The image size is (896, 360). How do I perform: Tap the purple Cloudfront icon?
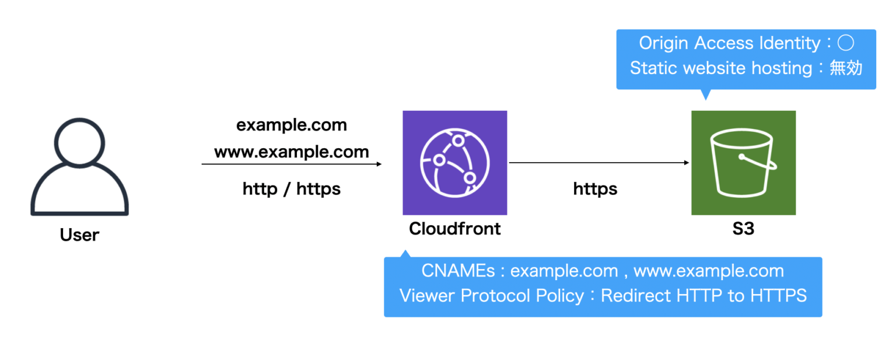(x=454, y=163)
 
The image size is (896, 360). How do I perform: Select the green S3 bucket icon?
(x=743, y=163)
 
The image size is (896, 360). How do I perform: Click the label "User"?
(x=79, y=235)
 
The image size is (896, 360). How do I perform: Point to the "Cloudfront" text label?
(x=454, y=229)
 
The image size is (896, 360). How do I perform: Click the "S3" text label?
(x=743, y=229)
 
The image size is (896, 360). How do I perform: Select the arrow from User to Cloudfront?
(x=291, y=165)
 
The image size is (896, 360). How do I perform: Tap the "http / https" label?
(x=291, y=189)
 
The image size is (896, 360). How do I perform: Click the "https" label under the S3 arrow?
(x=595, y=189)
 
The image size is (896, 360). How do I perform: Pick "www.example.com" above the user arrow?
(x=291, y=152)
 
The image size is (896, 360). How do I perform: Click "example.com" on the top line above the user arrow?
(x=291, y=125)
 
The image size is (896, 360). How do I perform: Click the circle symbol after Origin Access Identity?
(x=845, y=43)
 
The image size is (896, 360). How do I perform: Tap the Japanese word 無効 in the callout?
(x=845, y=68)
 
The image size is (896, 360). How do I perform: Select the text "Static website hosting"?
(x=721, y=68)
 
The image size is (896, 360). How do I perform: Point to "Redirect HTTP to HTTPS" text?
(x=703, y=296)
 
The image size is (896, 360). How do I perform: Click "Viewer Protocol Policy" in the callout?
(x=491, y=296)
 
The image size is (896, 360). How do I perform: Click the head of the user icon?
(x=79, y=142)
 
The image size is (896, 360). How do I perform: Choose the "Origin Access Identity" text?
(x=729, y=43)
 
